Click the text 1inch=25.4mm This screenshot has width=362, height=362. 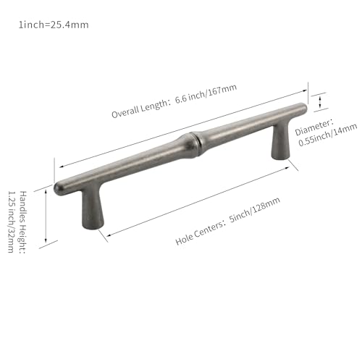pos(54,25)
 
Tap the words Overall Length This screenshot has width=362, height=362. pos(140,109)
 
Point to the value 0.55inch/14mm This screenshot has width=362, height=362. pos(327,135)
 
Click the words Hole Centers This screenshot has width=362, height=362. pos(199,232)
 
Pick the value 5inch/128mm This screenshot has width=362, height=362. pos(255,209)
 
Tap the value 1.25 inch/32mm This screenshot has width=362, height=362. pos(11,222)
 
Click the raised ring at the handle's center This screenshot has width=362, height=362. pos(195,144)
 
